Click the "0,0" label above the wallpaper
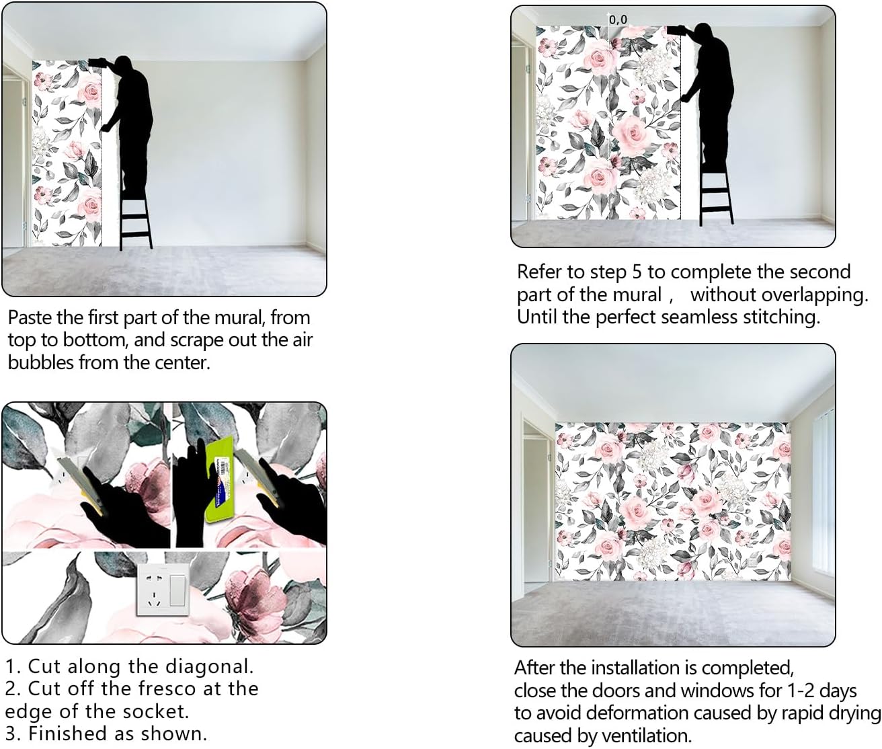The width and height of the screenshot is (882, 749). coord(618,19)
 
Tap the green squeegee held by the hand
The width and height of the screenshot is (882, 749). coord(219,479)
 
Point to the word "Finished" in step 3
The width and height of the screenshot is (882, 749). coord(69,734)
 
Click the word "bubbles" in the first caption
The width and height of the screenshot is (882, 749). coord(41,363)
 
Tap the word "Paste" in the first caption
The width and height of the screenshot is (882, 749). coord(30,317)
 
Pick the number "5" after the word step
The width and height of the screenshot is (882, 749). coord(637,272)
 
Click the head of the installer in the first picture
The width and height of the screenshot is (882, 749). coord(122,65)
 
